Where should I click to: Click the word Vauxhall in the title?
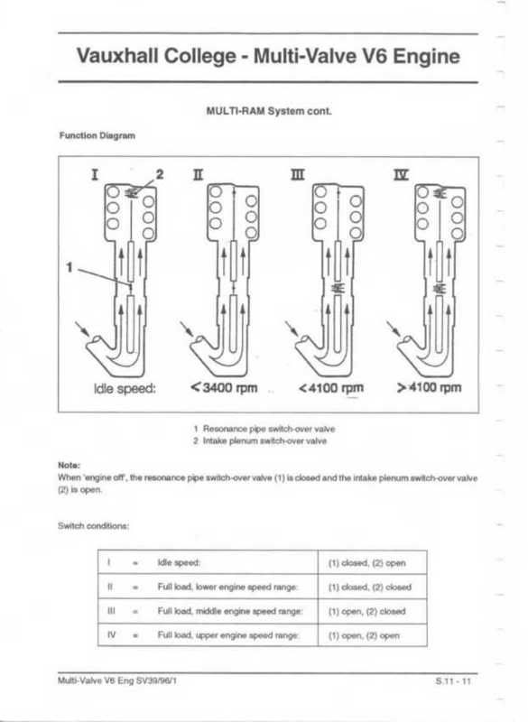click(x=118, y=56)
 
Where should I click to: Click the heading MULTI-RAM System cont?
click(x=269, y=111)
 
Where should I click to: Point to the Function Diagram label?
click(x=97, y=136)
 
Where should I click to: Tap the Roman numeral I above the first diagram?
click(x=95, y=174)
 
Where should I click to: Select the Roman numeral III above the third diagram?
click(x=297, y=174)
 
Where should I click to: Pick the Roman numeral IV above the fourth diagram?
click(x=401, y=174)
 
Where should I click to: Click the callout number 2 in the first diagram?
click(x=159, y=174)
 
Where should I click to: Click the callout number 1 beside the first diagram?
click(x=69, y=267)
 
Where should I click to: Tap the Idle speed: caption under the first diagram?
click(x=125, y=389)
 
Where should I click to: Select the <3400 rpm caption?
click(x=224, y=388)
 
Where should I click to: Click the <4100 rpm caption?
click(x=331, y=388)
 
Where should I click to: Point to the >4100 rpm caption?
click(x=429, y=387)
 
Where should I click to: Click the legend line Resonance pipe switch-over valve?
click(x=264, y=429)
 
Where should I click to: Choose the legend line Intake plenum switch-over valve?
click(x=260, y=440)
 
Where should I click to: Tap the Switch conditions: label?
click(x=94, y=526)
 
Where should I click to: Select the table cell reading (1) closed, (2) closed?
click(x=370, y=588)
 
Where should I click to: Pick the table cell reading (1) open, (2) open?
click(x=364, y=636)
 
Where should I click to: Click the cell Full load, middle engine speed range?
click(x=230, y=612)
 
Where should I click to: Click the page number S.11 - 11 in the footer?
click(x=453, y=681)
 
